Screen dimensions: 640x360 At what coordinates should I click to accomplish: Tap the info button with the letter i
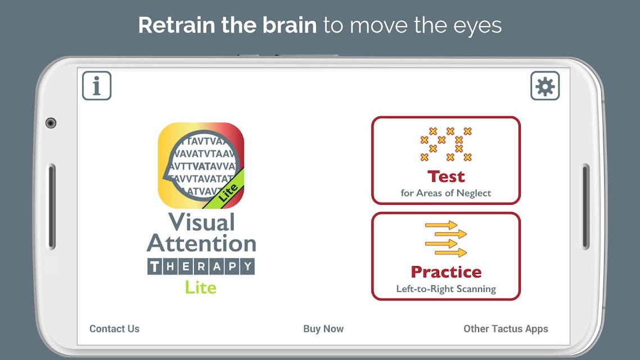coord(97,85)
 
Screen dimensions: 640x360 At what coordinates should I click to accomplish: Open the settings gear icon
coord(545,85)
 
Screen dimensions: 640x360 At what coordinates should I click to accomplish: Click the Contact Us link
coord(114,328)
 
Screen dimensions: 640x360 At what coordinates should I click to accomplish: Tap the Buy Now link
coord(323,328)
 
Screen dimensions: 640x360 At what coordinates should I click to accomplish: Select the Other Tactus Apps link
coord(506,328)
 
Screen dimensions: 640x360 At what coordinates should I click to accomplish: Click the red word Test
coord(446,177)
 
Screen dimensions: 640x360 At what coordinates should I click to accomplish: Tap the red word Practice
coord(446,272)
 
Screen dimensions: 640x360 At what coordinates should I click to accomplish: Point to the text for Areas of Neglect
coord(446,193)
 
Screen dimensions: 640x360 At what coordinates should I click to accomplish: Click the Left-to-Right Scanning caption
coord(446,289)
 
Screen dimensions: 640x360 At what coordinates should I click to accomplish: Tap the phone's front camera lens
coord(51,123)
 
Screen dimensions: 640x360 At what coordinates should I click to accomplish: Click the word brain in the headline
coord(290,25)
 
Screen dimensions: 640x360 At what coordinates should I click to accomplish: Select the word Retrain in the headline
coord(177,25)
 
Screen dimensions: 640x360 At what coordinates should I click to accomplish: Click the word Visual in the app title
coord(202,222)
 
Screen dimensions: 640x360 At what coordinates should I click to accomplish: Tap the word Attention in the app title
coord(202,244)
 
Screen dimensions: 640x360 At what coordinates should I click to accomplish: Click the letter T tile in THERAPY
coord(155,267)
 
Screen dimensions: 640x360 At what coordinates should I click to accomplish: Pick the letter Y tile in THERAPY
coord(248,267)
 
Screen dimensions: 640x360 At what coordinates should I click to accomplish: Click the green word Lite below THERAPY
coord(201,288)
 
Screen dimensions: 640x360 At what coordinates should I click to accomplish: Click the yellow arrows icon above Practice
coord(446,238)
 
